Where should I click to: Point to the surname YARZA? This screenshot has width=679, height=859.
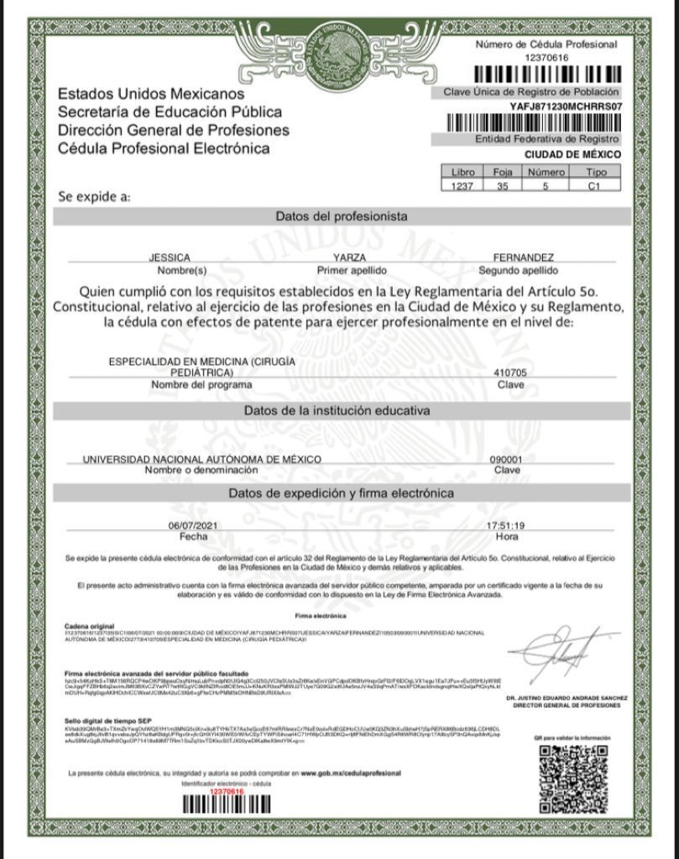(350, 258)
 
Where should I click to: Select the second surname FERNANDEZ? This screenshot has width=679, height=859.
(523, 258)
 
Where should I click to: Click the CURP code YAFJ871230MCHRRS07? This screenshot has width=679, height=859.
(566, 107)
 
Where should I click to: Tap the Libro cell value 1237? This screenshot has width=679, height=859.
(462, 185)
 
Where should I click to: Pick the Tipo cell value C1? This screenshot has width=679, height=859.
(594, 185)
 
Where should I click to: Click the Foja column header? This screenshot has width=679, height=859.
(502, 173)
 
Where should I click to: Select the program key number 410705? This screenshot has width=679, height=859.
(509, 372)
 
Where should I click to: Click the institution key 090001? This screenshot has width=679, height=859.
(506, 460)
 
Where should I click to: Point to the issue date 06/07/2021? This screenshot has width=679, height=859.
(193, 526)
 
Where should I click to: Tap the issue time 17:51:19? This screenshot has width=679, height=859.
(506, 526)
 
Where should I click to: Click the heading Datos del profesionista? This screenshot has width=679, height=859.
(342, 216)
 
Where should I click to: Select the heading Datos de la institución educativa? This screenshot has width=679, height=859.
(337, 411)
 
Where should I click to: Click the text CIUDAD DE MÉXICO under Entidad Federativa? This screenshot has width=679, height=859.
(572, 154)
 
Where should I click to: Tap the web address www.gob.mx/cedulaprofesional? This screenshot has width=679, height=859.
(351, 773)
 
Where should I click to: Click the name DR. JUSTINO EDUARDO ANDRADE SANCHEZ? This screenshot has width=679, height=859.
(567, 698)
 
